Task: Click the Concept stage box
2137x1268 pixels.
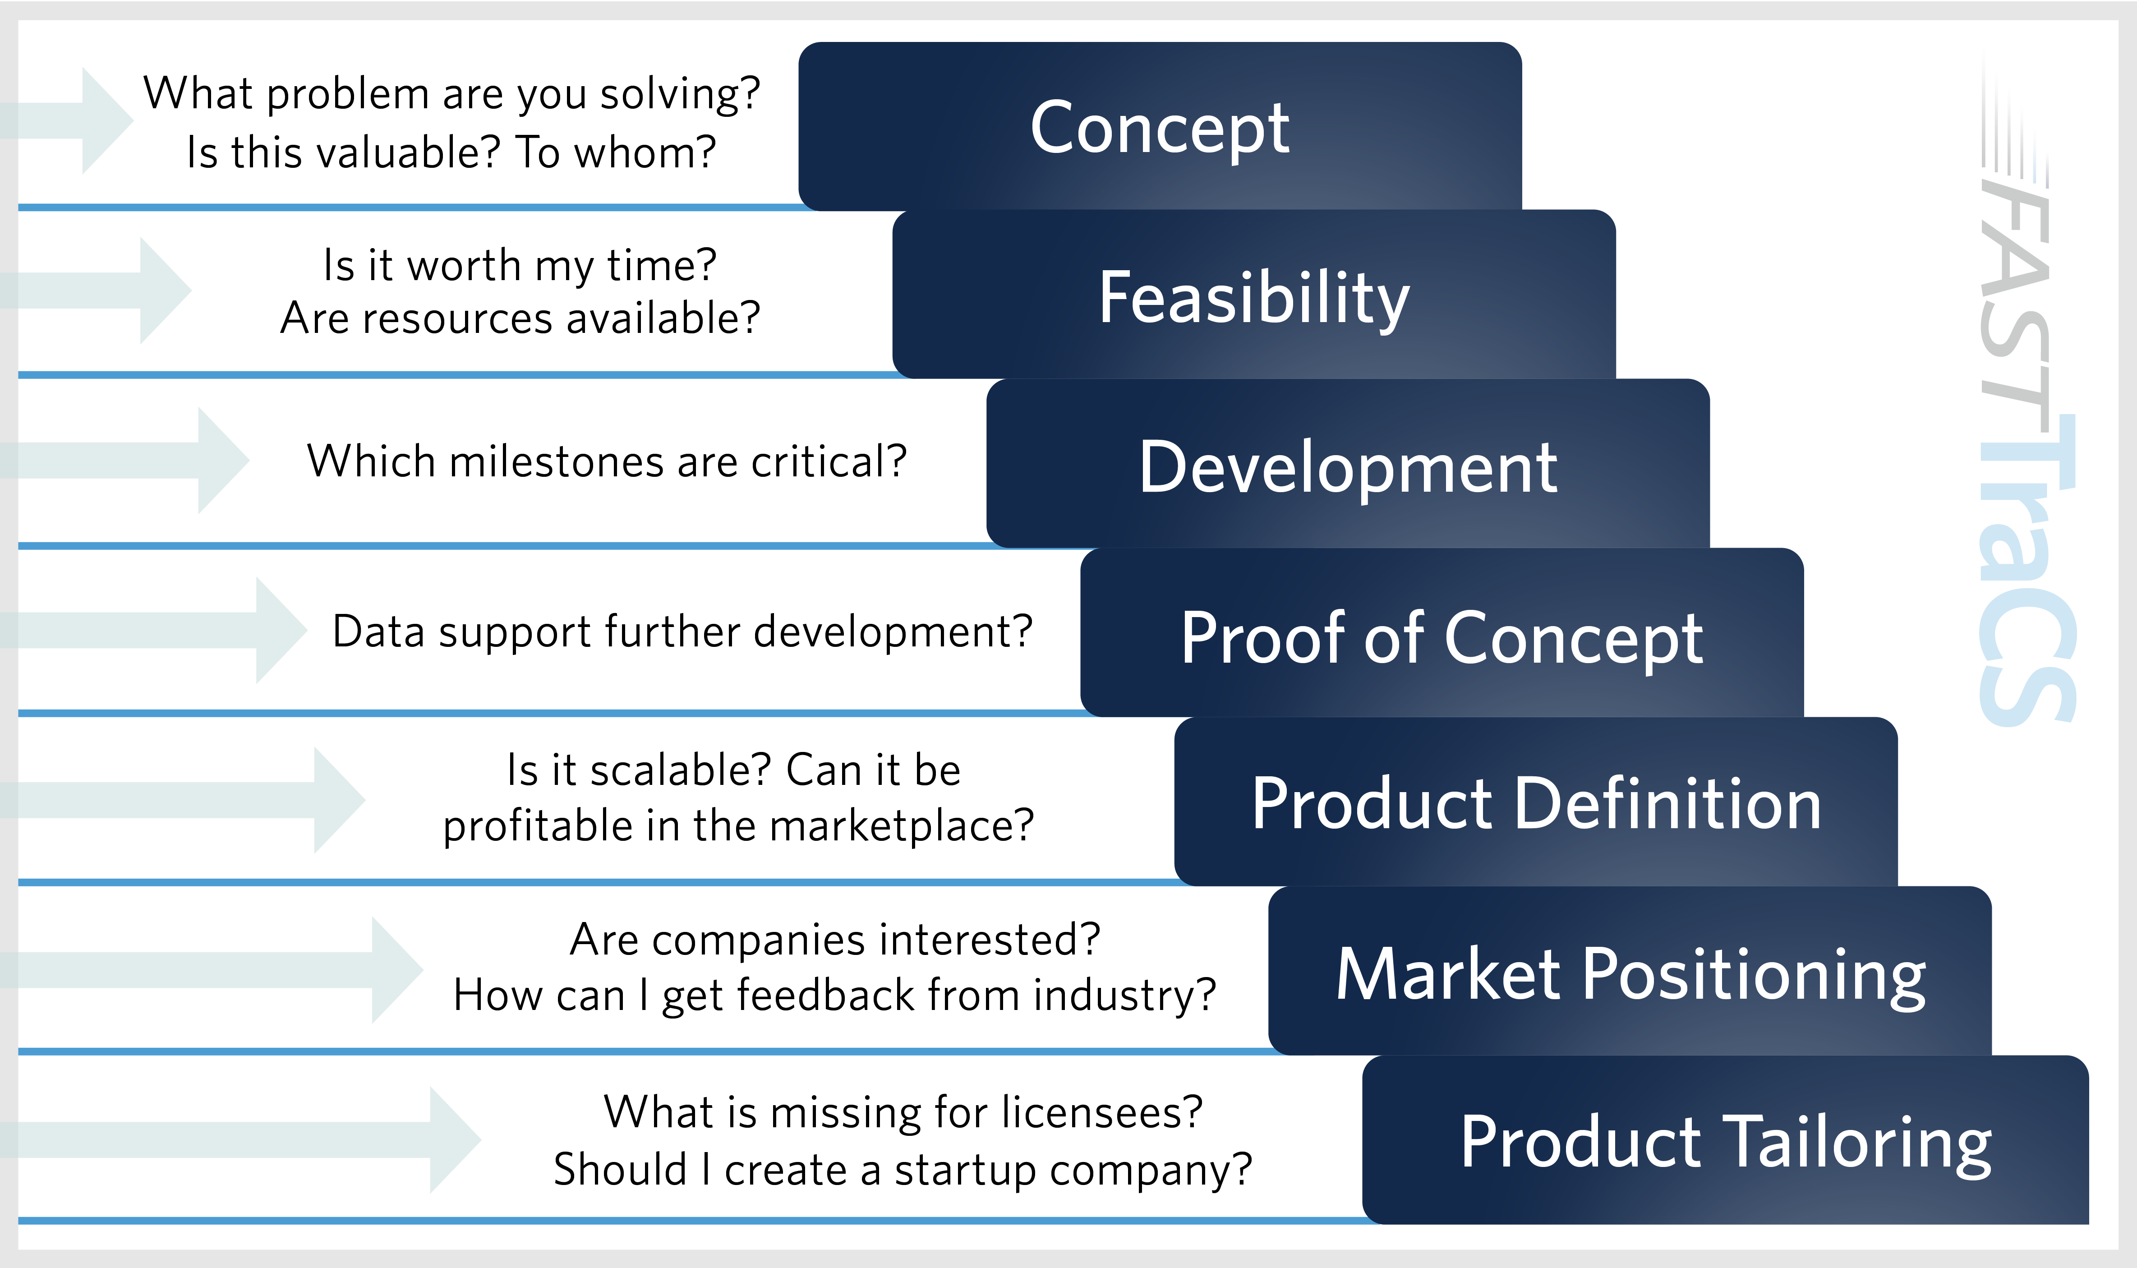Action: click(x=1160, y=125)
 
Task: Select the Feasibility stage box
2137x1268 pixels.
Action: click(x=1254, y=294)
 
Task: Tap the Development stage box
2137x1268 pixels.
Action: click(x=1348, y=463)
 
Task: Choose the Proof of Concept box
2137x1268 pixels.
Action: click(x=1442, y=632)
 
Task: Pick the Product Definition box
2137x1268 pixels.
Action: click(x=1536, y=802)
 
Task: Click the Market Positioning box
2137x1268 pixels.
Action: click(x=1630, y=971)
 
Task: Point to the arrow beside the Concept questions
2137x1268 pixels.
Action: click(x=67, y=120)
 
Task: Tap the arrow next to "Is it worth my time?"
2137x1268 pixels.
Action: click(x=96, y=290)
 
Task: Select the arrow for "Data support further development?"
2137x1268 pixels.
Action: click(x=154, y=630)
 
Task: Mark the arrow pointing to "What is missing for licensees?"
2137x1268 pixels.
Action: click(x=241, y=1140)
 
